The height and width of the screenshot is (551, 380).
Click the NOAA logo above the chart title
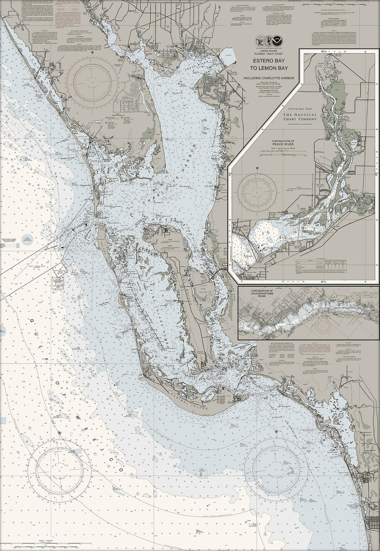[x=277, y=41]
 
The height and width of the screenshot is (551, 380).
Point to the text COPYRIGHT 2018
[x=299, y=108]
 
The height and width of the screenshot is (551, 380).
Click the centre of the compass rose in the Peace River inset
[x=257, y=191]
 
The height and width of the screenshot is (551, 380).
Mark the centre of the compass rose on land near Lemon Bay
[x=92, y=80]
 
